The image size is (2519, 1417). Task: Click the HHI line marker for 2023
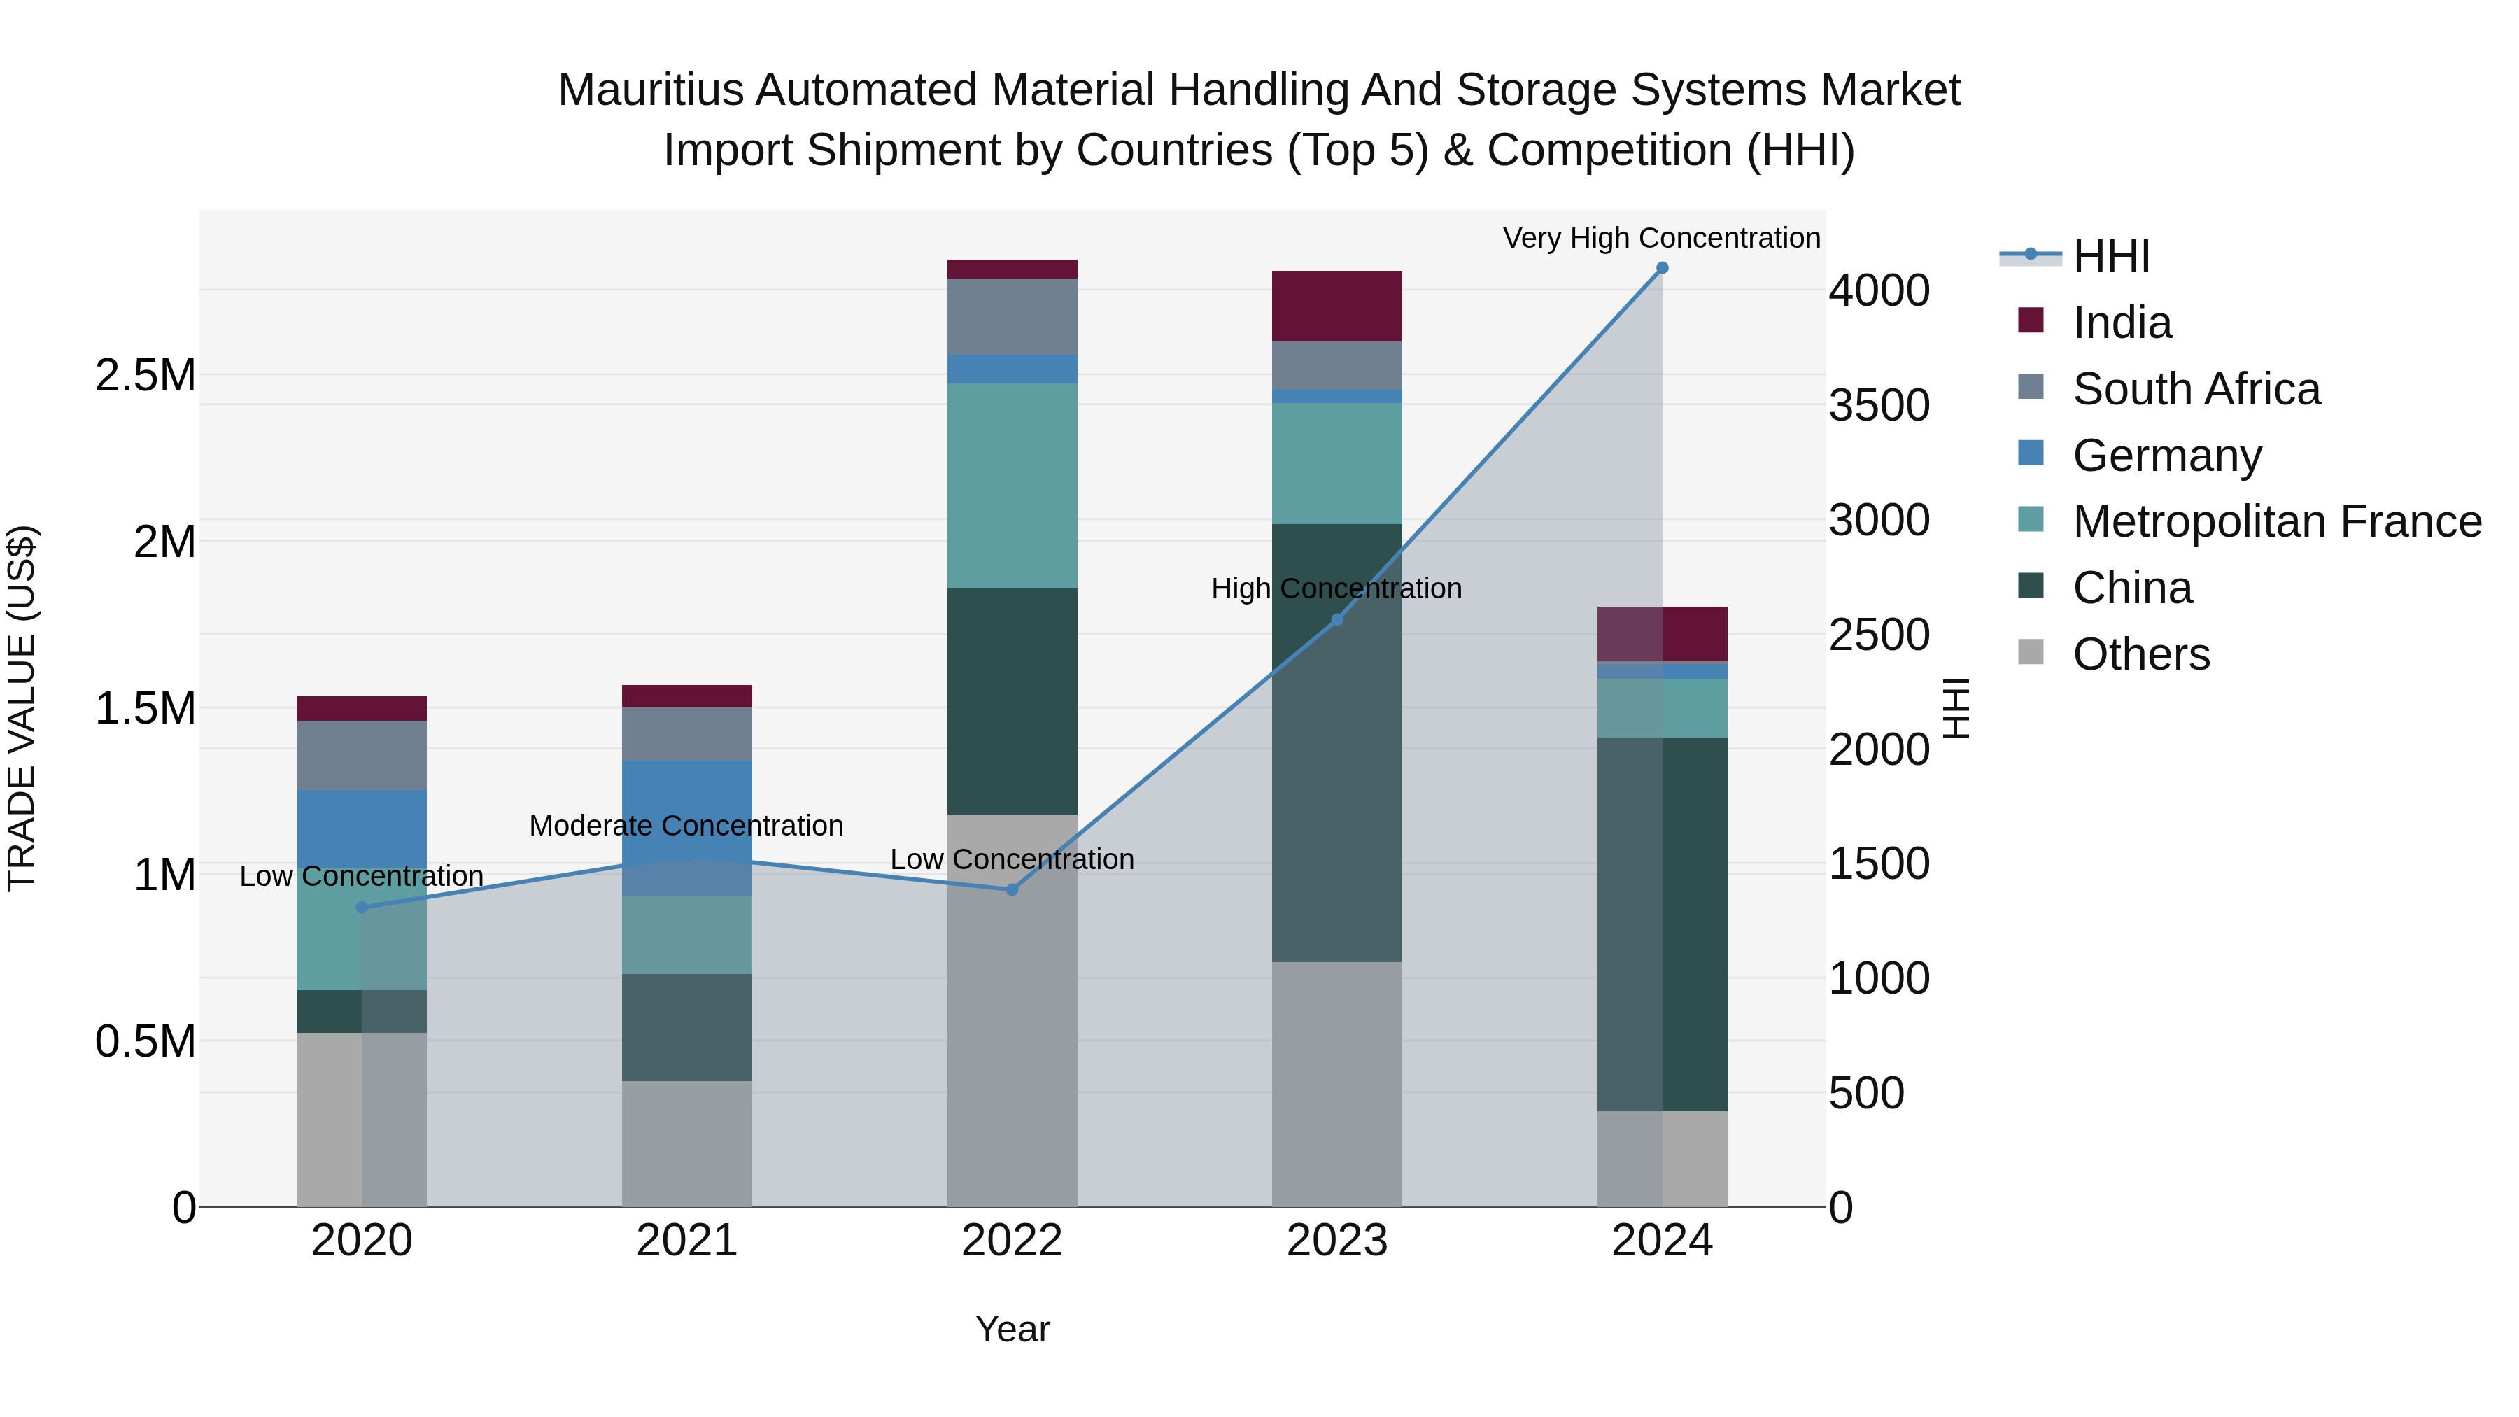pyautogui.click(x=1336, y=620)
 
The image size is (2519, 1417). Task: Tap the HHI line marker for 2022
pyautogui.click(x=1012, y=890)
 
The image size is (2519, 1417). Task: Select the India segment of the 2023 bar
pyautogui.click(x=1336, y=306)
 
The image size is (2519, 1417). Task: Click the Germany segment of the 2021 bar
pyautogui.click(x=686, y=827)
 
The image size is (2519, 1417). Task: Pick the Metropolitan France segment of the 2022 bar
pyautogui.click(x=1012, y=486)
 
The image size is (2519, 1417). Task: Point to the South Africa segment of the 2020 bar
pyautogui.click(x=362, y=755)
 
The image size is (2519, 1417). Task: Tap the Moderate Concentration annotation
pyautogui.click(x=686, y=826)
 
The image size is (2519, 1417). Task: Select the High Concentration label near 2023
pyautogui.click(x=1336, y=588)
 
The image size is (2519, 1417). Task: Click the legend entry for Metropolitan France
pyautogui.click(x=2275, y=521)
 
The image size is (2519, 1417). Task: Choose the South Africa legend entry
pyautogui.click(x=2195, y=389)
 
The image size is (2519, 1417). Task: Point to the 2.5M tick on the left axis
pyautogui.click(x=146, y=376)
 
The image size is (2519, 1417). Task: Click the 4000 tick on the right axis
pyautogui.click(x=1879, y=290)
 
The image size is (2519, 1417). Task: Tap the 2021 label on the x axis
pyautogui.click(x=686, y=1241)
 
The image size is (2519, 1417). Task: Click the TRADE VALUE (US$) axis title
pyautogui.click(x=22, y=708)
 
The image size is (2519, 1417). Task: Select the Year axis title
pyautogui.click(x=1012, y=1329)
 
